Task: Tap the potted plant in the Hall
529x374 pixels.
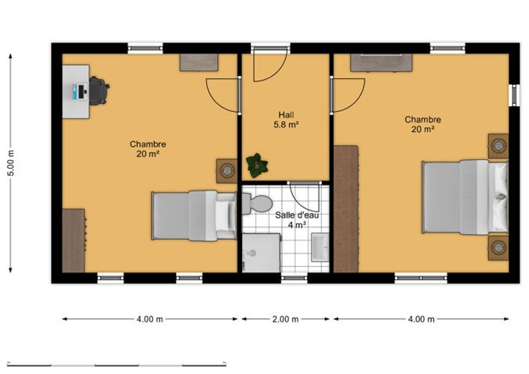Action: [x=257, y=165]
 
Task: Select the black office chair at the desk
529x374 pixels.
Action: [x=99, y=90]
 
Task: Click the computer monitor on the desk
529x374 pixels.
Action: [x=81, y=92]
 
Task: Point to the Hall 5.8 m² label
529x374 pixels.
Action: [x=286, y=120]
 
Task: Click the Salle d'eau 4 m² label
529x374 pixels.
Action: [x=297, y=220]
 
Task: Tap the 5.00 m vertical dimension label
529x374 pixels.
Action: [x=11, y=163]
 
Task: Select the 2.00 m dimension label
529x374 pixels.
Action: [x=285, y=319]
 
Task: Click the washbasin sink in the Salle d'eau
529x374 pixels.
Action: [x=320, y=247]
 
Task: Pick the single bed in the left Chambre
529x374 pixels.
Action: [x=193, y=215]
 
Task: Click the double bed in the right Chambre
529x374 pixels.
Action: [x=465, y=197]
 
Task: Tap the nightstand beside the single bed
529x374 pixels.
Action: [x=226, y=171]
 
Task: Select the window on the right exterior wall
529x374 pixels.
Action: [x=514, y=95]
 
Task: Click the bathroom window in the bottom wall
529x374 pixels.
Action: [x=294, y=278]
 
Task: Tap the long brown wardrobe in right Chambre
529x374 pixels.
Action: [x=346, y=209]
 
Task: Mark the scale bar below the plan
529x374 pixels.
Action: [x=116, y=364]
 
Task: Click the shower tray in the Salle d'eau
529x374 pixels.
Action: [x=261, y=253]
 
